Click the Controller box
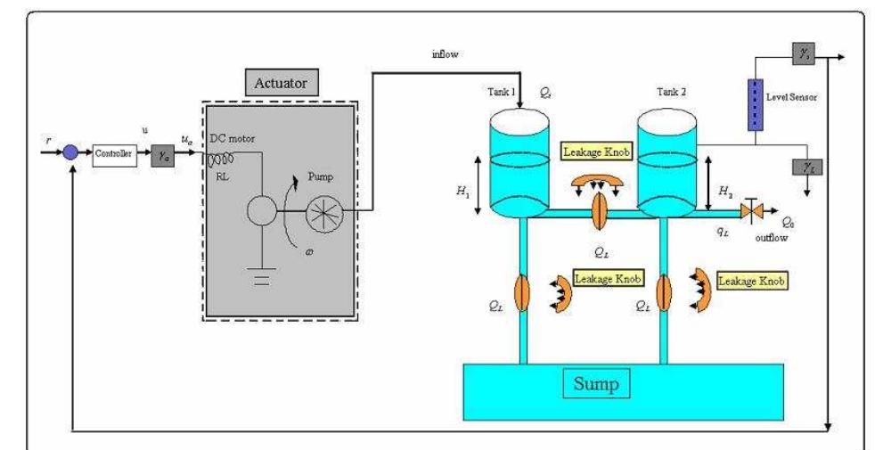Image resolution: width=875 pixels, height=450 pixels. click(x=112, y=152)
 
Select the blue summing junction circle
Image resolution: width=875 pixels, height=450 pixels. click(x=71, y=152)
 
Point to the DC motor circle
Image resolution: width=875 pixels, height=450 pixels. click(x=261, y=213)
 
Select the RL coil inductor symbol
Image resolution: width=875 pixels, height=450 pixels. click(x=222, y=159)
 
